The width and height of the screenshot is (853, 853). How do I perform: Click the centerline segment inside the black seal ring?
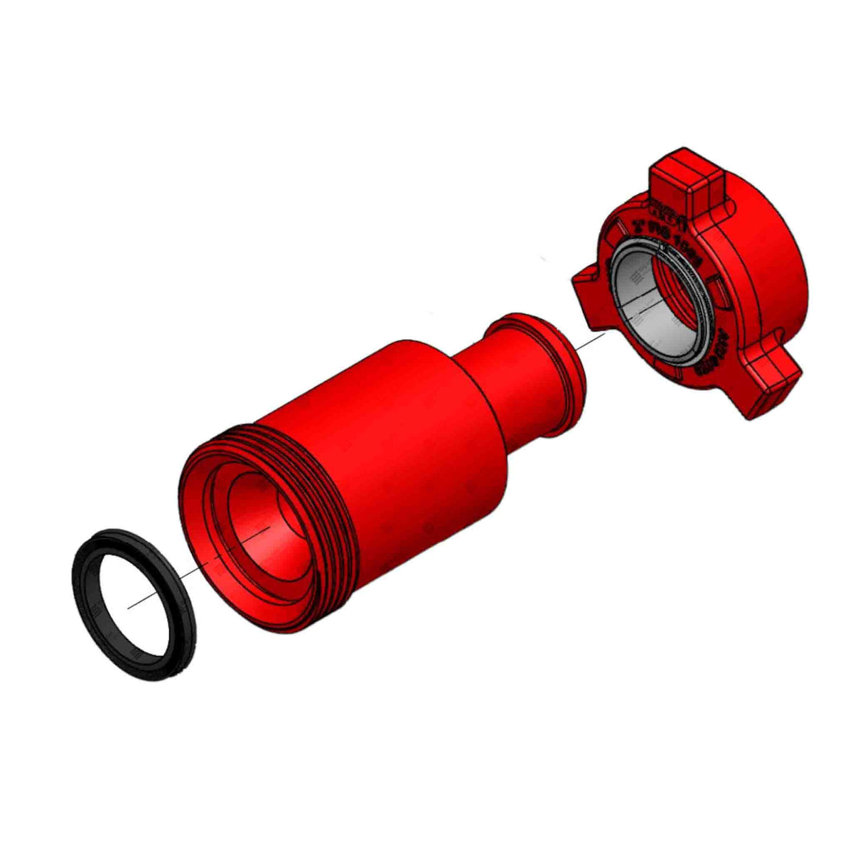click(142, 601)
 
